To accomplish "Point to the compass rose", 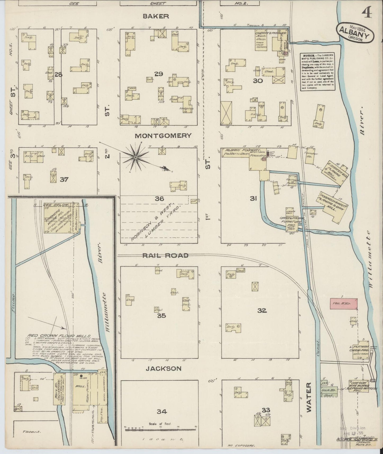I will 135,157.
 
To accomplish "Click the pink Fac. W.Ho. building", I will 343,303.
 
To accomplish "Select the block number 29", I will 159,74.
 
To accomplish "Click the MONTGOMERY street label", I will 163,136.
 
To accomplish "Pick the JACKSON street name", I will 162,368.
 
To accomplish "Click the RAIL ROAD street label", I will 165,256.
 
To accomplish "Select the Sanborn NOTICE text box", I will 317,72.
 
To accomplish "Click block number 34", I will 162,411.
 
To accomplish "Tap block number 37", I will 64,180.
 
